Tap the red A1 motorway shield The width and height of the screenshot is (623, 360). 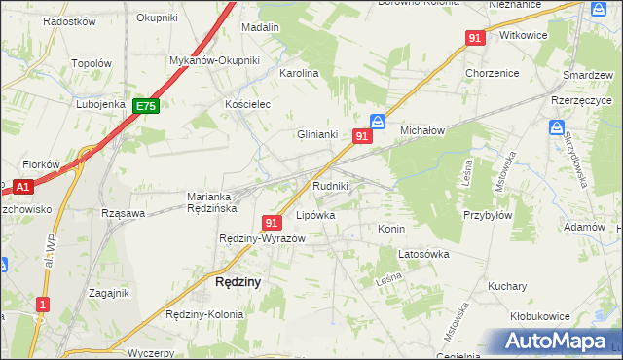click(23, 186)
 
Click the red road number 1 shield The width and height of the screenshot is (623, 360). click(41, 305)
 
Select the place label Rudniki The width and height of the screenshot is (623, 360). click(330, 185)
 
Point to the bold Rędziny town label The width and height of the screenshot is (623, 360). click(236, 282)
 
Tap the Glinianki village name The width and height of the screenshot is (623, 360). click(317, 135)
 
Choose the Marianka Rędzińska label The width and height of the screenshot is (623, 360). click(213, 201)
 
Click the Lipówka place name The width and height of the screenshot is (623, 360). click(314, 215)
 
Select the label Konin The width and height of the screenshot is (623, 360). click(390, 228)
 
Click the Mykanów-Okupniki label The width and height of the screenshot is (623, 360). click(214, 60)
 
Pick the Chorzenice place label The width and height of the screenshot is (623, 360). click(492, 73)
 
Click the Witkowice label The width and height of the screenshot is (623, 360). click(523, 34)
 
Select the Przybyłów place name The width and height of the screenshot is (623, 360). click(488, 216)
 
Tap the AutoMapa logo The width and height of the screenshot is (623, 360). click(556, 342)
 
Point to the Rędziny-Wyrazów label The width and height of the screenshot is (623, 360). click(263, 239)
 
